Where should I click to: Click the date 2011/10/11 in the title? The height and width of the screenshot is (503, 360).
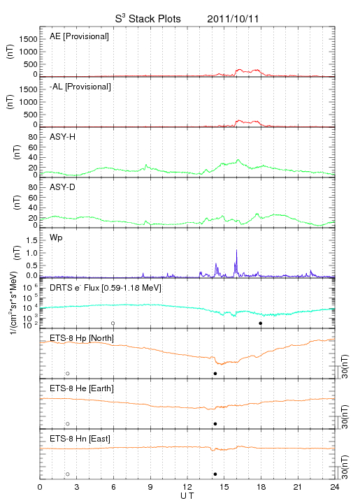tap(233, 19)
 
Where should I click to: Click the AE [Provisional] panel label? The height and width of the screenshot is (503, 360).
tap(79, 36)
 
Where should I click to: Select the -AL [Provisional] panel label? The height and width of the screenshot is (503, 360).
tap(80, 87)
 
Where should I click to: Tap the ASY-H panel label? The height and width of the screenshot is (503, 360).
tap(63, 137)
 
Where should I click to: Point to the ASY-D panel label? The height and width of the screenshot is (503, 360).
tap(63, 187)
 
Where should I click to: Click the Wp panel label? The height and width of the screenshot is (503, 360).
tap(56, 238)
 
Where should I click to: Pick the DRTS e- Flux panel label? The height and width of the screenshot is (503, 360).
tap(106, 288)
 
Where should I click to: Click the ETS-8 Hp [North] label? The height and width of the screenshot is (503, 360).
tap(82, 338)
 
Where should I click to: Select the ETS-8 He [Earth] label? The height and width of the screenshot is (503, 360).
tap(82, 388)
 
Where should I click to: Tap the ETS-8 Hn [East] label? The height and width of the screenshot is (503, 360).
tap(80, 439)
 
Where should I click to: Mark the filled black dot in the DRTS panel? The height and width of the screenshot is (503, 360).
tap(261, 323)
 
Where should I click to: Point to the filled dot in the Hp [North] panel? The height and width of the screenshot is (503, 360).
tap(215, 373)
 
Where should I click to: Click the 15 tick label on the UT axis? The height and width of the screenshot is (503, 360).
tap(224, 487)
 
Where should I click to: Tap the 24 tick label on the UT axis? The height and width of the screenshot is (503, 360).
tap(335, 487)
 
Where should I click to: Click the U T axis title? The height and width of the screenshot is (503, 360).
tap(187, 496)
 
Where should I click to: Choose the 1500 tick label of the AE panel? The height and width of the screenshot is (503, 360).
tap(29, 39)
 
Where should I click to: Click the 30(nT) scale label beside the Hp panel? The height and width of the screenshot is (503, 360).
tap(345, 367)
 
